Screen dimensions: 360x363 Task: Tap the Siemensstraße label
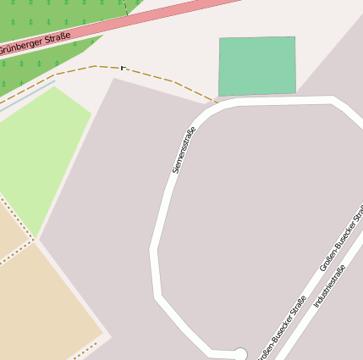coord(184,150)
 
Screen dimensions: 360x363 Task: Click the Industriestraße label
coord(329,286)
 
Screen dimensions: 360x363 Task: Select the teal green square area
coord(257,66)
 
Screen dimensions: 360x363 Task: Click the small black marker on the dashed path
coord(124,66)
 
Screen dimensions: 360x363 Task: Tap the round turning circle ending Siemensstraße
coord(239,354)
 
